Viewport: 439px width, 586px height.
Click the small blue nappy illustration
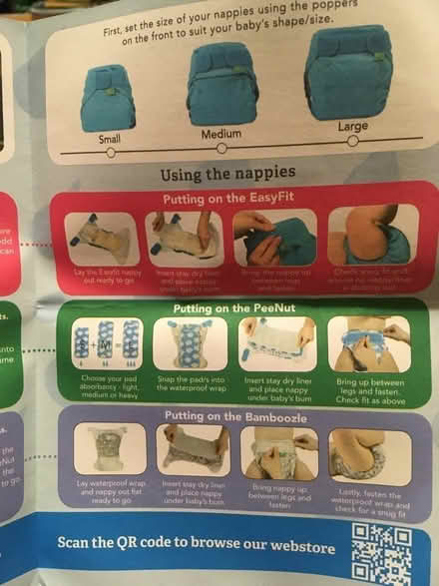point(108,97)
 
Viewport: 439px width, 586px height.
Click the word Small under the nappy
point(109,140)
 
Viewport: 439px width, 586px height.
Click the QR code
point(381,553)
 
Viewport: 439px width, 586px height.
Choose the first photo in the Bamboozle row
point(109,450)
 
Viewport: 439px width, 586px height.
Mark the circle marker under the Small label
point(110,153)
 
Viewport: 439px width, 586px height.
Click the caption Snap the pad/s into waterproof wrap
point(190,386)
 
